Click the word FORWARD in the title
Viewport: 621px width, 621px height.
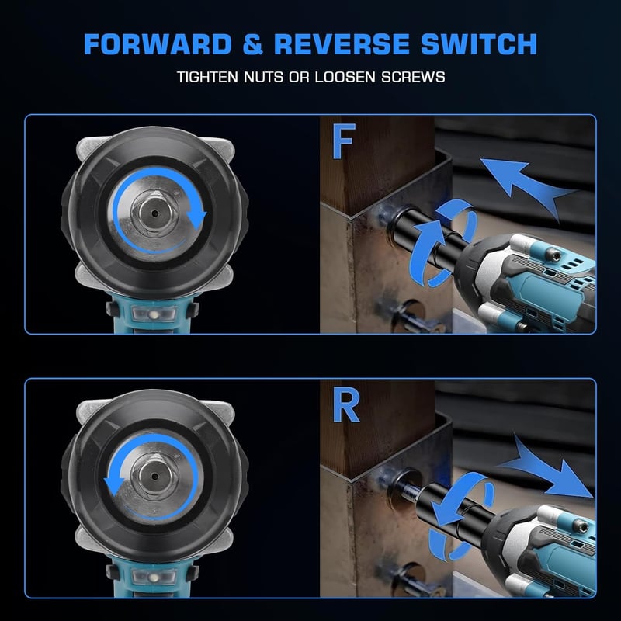(x=158, y=44)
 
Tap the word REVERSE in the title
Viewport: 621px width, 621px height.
(x=342, y=44)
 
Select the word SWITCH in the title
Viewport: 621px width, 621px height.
(x=479, y=44)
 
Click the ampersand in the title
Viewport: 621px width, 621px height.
(x=253, y=44)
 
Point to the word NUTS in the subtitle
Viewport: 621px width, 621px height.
(x=263, y=77)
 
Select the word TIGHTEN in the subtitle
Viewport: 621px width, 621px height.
(x=207, y=77)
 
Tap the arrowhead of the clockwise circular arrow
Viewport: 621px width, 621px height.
(x=196, y=219)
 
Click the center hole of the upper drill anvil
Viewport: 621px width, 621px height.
(x=154, y=214)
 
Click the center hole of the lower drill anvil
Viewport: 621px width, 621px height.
(x=154, y=477)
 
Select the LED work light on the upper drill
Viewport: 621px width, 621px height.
(x=154, y=314)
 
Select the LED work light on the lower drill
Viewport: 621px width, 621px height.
(x=154, y=576)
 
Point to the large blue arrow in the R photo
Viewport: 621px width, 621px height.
(x=549, y=470)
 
